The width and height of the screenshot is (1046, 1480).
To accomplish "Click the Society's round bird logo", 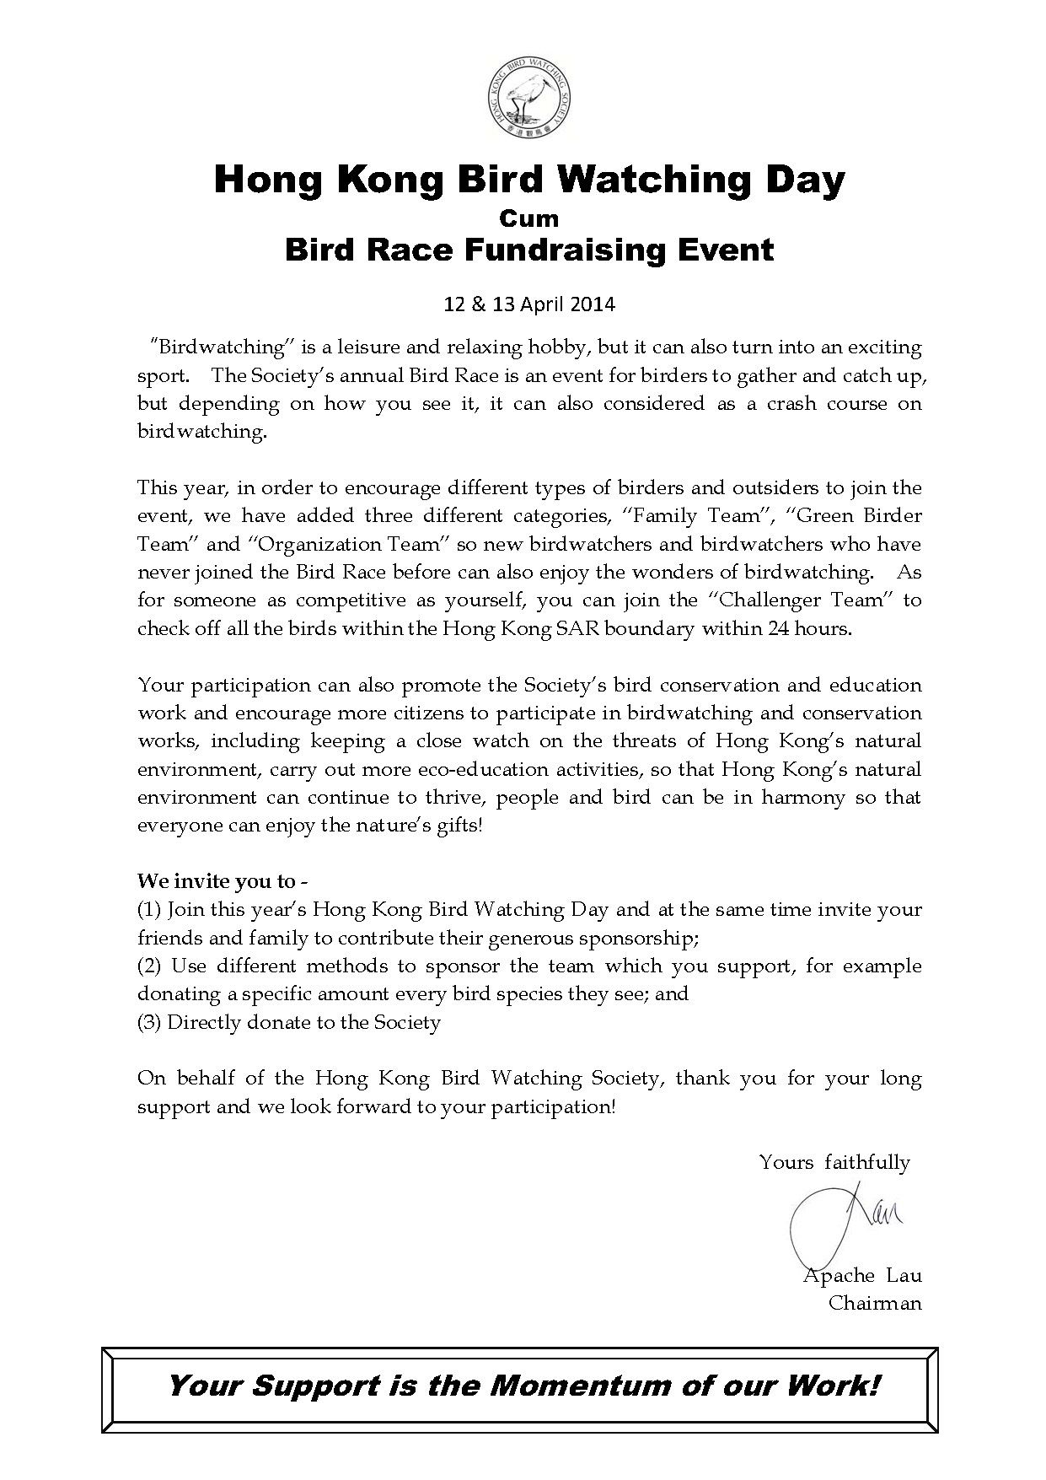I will [x=528, y=100].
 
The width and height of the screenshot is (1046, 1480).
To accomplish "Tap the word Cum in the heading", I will [x=528, y=218].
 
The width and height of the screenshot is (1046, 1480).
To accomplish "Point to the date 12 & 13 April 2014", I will [x=529, y=304].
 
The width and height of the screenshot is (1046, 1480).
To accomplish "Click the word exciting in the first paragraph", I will [x=882, y=347].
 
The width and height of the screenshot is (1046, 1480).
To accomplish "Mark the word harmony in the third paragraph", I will [x=802, y=797].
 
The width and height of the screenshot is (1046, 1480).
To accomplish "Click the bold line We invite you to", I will [x=222, y=881].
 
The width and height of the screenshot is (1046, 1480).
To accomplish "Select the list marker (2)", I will [x=150, y=966].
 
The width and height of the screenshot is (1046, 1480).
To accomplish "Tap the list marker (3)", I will [x=150, y=1022].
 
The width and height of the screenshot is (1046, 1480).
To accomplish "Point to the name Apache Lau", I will [x=862, y=1275].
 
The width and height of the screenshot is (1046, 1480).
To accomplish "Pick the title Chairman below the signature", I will [x=875, y=1303].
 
